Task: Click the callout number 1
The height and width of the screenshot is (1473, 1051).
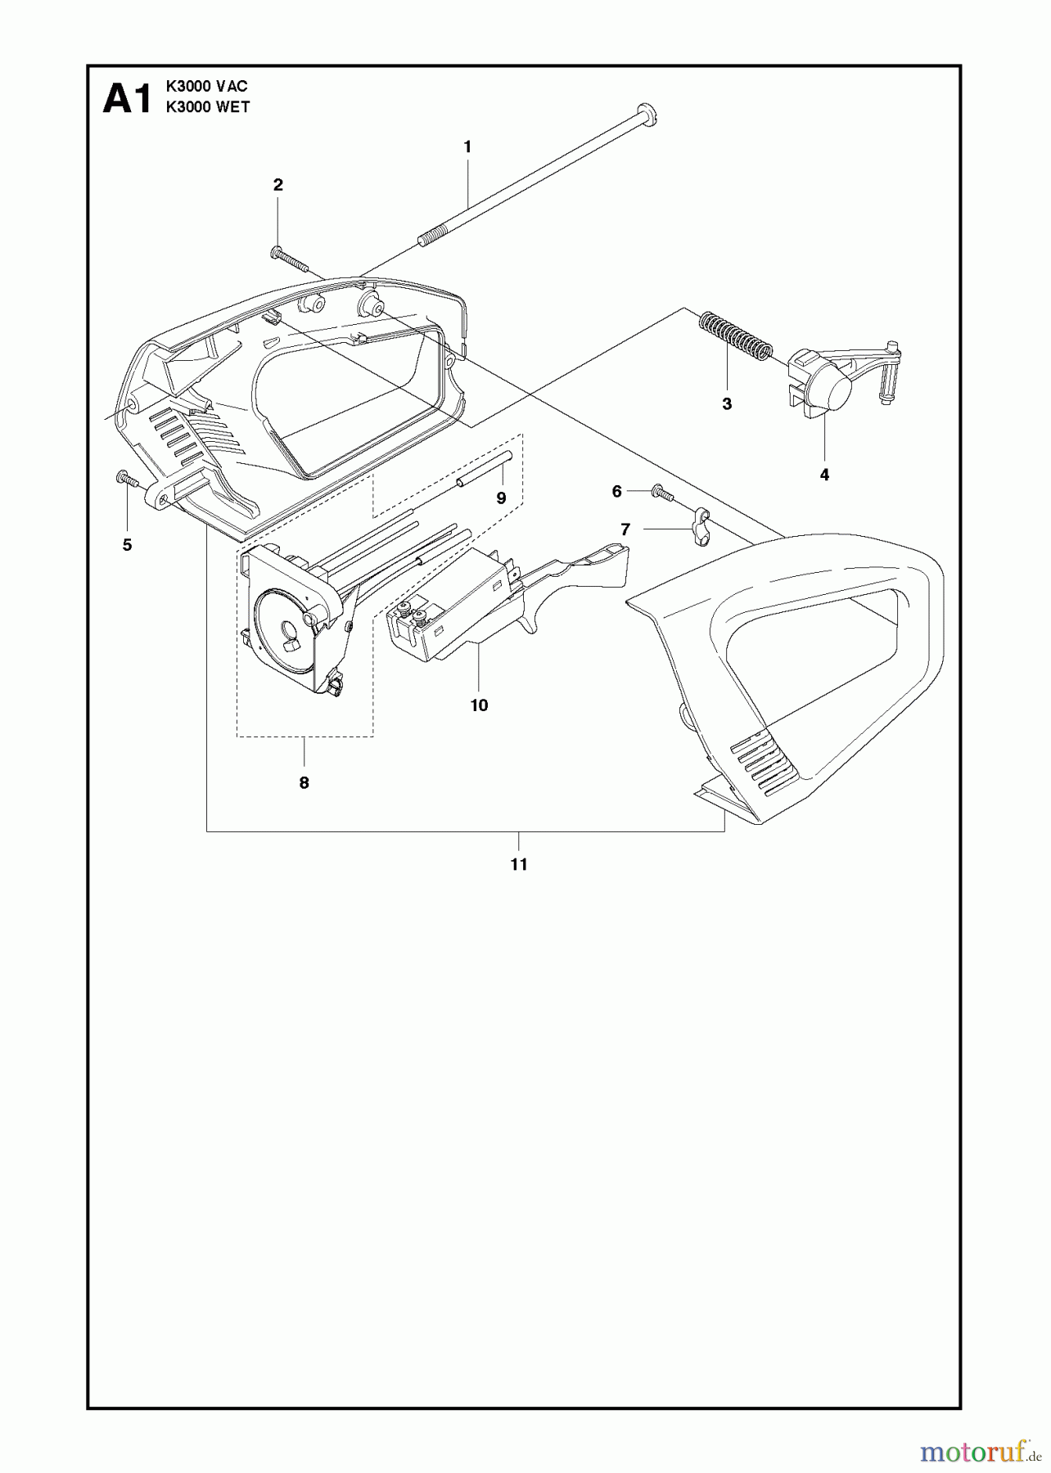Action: point(467,147)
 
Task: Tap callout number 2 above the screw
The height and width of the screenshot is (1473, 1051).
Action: point(278,185)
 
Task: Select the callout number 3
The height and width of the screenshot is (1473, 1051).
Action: point(727,403)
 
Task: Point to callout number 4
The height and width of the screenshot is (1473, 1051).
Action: point(824,475)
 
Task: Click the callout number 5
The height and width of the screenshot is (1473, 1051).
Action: point(127,545)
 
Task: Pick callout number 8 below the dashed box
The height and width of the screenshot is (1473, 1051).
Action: point(304,783)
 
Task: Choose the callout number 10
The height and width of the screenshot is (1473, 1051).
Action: point(480,705)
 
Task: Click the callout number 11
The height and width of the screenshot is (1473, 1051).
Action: point(519,864)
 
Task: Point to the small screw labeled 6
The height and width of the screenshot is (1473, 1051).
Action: point(661,493)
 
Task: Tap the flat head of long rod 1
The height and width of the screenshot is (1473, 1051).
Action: point(646,115)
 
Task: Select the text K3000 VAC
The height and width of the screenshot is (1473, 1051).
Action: point(206,86)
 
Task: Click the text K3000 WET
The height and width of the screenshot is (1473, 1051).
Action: point(208,106)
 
